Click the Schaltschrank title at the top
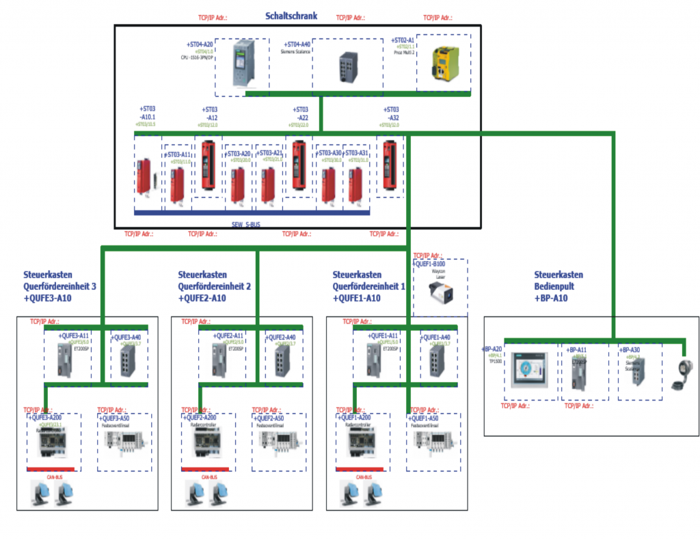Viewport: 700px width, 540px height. [291, 15]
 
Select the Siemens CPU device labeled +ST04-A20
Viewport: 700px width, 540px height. [243, 64]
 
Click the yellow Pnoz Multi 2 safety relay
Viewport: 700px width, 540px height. [444, 64]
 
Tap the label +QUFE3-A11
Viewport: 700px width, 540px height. [73, 336]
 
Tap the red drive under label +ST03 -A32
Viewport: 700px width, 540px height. [390, 167]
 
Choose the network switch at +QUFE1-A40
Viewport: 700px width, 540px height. [432, 362]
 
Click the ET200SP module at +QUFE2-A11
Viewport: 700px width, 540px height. [220, 361]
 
